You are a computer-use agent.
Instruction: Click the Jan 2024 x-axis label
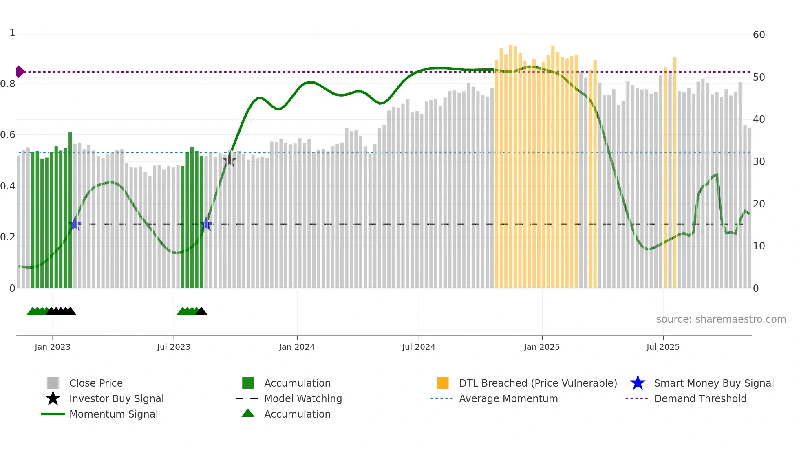coord(297,347)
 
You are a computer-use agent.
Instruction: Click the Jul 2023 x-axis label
coord(174,347)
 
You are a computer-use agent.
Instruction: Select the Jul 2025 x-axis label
coord(663,347)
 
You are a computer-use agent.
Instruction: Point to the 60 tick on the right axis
coord(759,35)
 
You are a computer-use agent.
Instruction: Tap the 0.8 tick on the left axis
coord(8,84)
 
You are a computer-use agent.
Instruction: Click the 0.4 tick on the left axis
coord(8,186)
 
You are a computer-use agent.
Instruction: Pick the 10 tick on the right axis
coord(759,246)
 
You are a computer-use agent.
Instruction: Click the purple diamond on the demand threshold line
coord(20,72)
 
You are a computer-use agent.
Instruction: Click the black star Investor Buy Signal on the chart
coord(230,160)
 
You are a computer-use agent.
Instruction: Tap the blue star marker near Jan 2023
coord(75,224)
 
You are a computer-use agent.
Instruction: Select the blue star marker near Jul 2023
coord(207,224)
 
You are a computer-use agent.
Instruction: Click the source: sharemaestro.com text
coord(721,319)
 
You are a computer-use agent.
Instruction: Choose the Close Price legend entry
coord(96,383)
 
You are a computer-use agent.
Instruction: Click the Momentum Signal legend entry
coord(113,414)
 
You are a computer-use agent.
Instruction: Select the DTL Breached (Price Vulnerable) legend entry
coord(538,383)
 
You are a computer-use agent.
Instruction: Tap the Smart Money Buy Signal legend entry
coord(713,383)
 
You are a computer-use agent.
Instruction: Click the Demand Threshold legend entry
coord(700,398)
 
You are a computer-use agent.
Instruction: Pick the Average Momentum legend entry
coord(508,398)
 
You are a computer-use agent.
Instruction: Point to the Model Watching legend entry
coord(302,398)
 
